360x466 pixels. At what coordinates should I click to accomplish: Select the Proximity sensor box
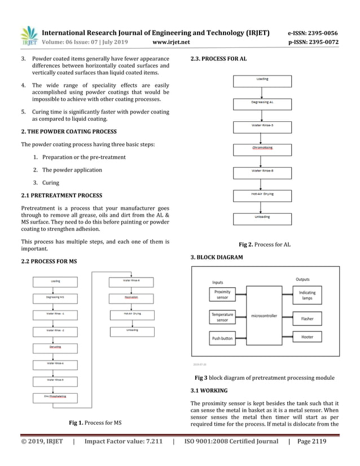[x=222, y=294]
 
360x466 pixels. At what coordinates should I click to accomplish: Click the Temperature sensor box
[x=222, y=316]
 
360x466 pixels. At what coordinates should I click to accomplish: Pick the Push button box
[x=222, y=338]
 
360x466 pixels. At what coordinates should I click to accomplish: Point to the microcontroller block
[x=264, y=316]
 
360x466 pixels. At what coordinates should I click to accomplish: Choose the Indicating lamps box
[x=308, y=295]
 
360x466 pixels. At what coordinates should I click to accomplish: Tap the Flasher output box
[x=308, y=319]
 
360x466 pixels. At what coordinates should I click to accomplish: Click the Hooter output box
[x=308, y=337]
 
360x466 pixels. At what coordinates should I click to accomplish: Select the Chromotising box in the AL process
[x=262, y=149]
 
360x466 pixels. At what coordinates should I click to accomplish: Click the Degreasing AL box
[x=262, y=103]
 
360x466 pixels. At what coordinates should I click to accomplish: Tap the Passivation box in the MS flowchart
[x=131, y=297]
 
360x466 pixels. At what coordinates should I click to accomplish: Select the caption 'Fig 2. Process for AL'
[x=265, y=245]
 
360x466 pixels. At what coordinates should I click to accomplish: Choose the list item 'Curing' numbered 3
[x=50, y=183]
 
